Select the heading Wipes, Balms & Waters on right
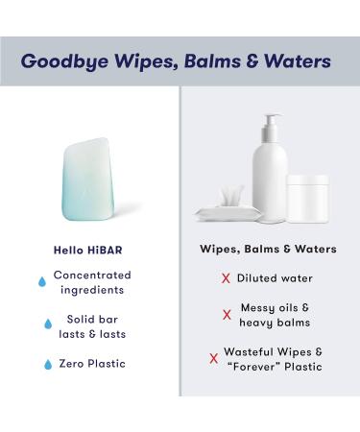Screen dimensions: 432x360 pos(268,249)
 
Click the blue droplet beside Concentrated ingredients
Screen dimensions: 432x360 pos(40,282)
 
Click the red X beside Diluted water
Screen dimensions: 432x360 pos(226,278)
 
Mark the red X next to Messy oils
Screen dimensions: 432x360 pos(228,314)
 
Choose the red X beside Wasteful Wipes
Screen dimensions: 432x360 pos(214,358)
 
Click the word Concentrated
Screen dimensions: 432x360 pos(93,275)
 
